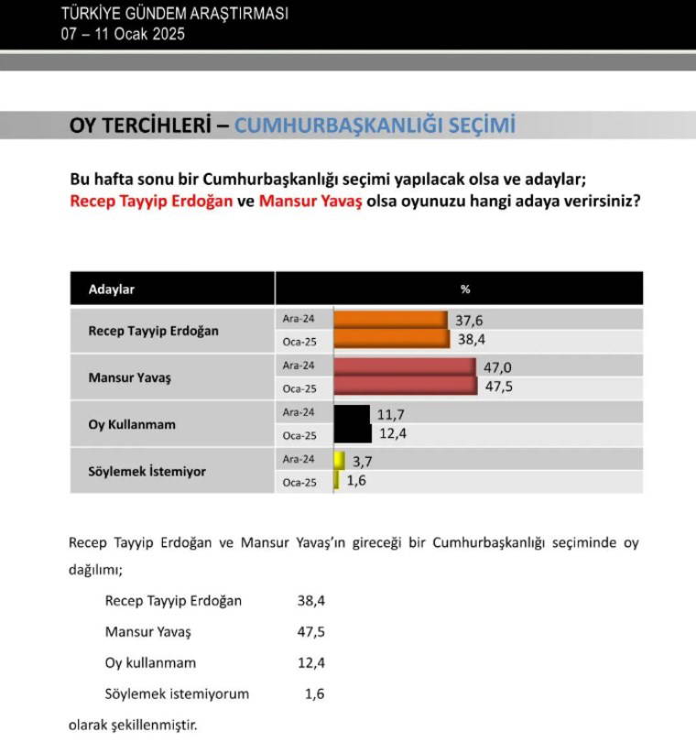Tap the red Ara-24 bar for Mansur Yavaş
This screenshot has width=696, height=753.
404,366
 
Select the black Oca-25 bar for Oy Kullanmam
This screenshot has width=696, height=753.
353,434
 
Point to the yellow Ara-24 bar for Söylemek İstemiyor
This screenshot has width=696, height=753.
339,460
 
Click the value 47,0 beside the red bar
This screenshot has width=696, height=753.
499,366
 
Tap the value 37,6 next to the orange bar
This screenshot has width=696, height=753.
470,320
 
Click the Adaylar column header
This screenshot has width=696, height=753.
112,289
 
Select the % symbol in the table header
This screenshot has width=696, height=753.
465,289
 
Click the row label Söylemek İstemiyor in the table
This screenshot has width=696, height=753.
147,471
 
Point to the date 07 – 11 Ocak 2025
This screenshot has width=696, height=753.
123,35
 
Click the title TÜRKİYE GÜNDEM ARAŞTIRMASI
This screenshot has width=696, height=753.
174,14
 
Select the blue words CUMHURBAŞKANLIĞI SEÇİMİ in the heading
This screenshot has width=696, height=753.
375,125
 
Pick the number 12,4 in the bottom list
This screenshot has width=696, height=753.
311,663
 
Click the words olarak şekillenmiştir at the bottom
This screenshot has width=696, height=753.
133,726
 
